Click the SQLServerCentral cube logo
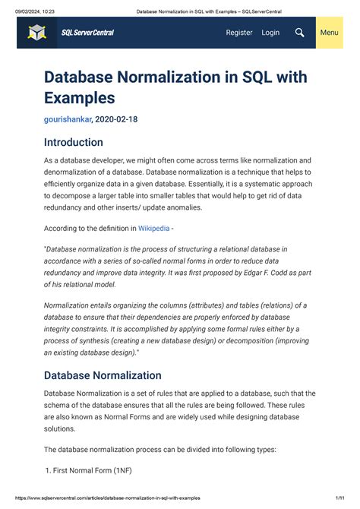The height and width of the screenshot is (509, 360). (x=37, y=33)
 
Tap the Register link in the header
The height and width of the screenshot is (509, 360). (x=239, y=33)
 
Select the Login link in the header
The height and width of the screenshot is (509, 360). (x=270, y=33)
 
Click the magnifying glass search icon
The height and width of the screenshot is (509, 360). (x=300, y=33)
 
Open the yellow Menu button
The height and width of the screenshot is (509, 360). (x=329, y=33)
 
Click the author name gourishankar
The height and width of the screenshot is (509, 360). (x=68, y=119)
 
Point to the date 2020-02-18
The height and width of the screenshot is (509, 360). (x=117, y=119)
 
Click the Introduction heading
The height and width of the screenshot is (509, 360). (x=73, y=142)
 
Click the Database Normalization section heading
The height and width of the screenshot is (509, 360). (x=103, y=375)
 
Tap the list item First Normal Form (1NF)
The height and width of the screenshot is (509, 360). (x=92, y=470)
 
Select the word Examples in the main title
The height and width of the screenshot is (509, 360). (x=79, y=98)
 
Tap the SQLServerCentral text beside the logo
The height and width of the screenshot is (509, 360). (x=87, y=33)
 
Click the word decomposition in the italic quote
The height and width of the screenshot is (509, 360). (x=238, y=340)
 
